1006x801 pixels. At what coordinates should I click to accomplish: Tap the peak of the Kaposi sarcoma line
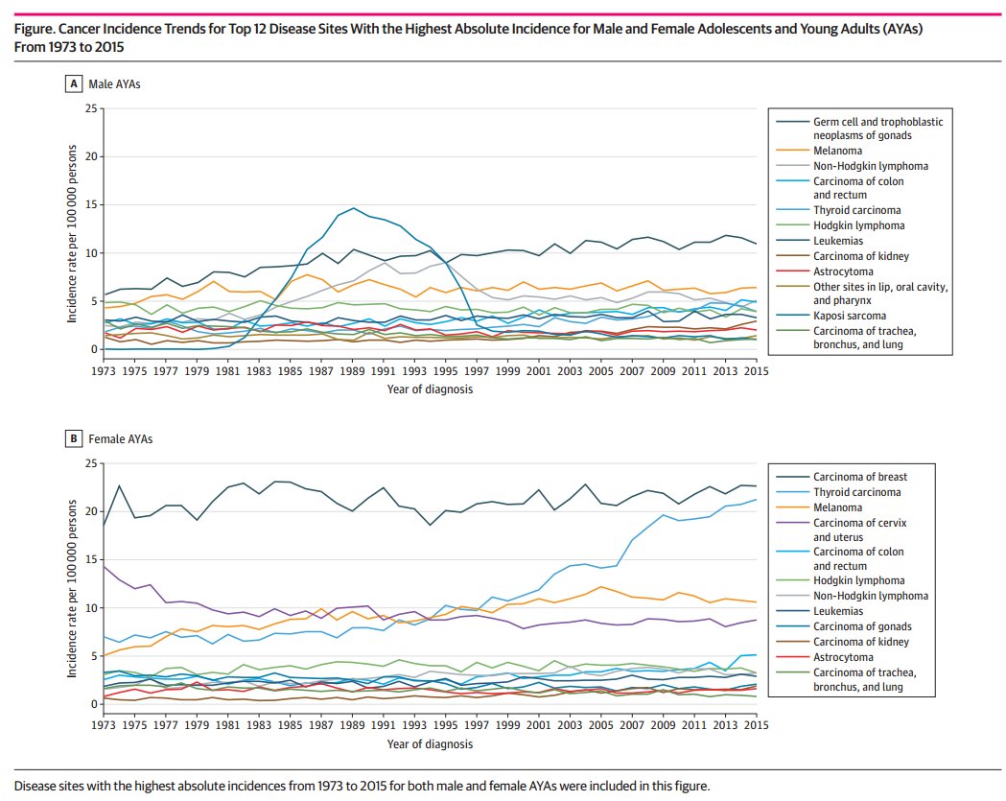tap(354, 208)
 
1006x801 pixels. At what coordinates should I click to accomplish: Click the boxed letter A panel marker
tap(72, 84)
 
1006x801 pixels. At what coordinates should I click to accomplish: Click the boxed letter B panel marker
tap(72, 439)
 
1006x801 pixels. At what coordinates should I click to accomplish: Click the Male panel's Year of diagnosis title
tap(429, 389)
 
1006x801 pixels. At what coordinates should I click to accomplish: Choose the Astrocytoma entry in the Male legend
tap(843, 272)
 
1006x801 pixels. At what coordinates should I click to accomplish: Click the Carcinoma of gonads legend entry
tap(856, 626)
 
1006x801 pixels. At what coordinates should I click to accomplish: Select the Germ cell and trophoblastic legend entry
tap(877, 122)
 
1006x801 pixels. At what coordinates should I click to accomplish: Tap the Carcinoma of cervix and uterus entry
tap(859, 522)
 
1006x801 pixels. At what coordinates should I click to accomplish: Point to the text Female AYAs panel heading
tap(114, 439)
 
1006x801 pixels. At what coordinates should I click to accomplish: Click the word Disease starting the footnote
tap(35, 786)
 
